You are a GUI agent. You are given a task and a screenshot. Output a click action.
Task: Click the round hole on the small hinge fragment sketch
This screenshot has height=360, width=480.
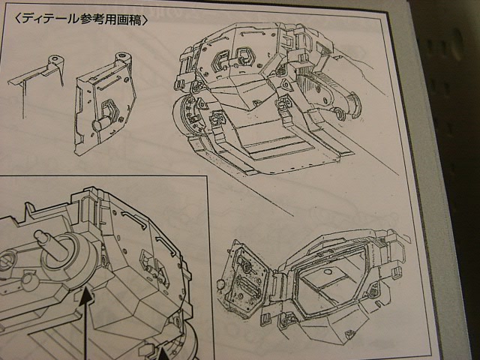pos(55,58)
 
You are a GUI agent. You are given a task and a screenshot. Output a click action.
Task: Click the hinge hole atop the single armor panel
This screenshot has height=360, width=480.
pos(122,55)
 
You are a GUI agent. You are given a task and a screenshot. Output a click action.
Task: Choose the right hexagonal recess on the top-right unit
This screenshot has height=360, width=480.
pos(244,58)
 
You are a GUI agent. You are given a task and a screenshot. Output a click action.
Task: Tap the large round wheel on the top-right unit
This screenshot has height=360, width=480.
pos(187,117)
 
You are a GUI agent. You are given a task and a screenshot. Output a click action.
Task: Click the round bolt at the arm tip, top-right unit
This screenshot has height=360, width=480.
pos(339,114)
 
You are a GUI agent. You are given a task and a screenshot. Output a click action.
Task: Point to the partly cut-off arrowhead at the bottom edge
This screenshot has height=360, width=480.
pos(163,354)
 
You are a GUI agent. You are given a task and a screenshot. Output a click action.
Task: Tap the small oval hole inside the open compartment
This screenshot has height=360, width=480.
pos(328,271)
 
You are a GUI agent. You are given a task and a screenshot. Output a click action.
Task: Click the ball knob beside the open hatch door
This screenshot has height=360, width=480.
pos(220,285)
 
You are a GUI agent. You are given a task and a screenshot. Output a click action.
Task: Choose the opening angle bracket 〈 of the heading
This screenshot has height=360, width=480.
pos(17,19)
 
